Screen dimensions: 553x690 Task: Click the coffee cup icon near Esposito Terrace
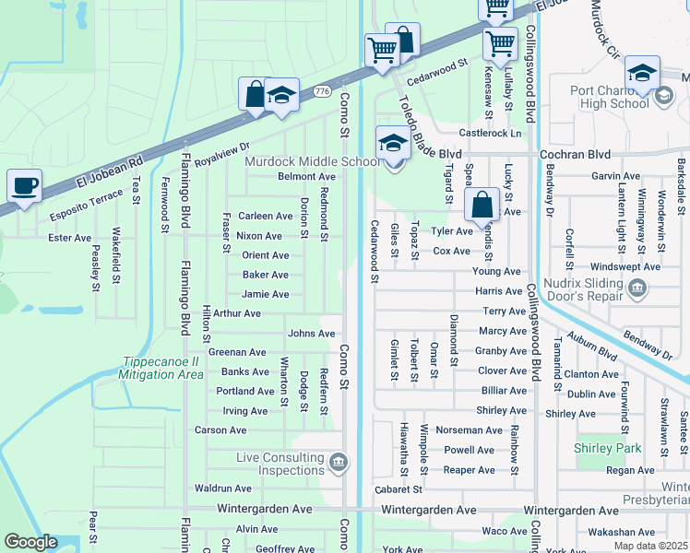point(24,186)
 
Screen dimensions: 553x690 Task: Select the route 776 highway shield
point(322,91)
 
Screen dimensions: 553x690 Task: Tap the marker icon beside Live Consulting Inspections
point(338,461)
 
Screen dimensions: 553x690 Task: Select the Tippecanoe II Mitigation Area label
point(162,368)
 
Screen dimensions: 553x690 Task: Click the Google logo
point(31,542)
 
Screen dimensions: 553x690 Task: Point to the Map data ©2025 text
point(650,546)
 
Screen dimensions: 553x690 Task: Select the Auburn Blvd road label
point(592,346)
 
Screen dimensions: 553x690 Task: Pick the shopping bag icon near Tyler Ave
point(482,205)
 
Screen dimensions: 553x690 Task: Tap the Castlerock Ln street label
point(490,134)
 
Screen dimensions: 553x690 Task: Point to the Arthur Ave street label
point(237,313)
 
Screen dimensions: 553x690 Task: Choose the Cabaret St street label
point(399,489)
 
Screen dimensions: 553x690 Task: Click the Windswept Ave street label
point(625,266)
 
